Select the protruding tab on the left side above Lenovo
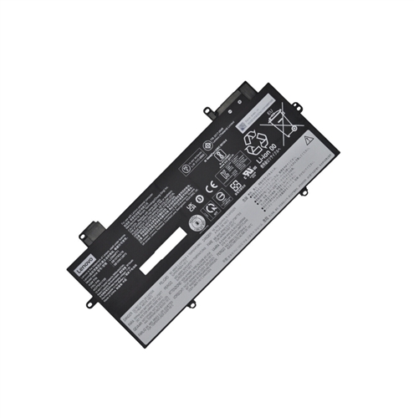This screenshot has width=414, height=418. pyautogui.click(x=95, y=228)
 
